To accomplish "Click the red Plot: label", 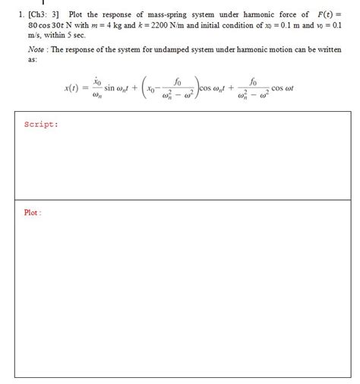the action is (33, 213).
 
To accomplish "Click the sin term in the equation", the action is (112, 88).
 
